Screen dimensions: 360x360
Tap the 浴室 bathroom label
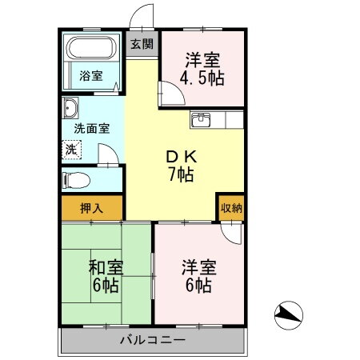[90, 76]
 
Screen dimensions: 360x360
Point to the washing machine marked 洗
[71, 149]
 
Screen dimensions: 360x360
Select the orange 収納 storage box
[230, 206]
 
